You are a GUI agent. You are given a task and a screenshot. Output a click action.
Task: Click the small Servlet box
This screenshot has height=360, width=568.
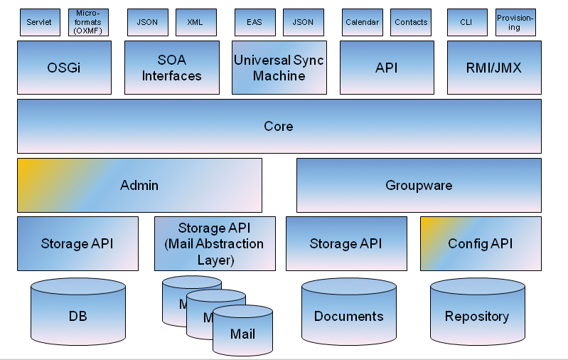click(x=40, y=22)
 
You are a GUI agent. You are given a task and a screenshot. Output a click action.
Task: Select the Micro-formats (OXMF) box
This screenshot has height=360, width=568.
click(x=89, y=22)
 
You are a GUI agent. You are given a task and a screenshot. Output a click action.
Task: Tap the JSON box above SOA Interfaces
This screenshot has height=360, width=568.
click(x=147, y=22)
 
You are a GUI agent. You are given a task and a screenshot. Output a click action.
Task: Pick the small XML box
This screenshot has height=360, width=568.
click(x=195, y=22)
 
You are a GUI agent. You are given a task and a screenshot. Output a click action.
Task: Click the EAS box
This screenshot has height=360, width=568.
click(x=254, y=22)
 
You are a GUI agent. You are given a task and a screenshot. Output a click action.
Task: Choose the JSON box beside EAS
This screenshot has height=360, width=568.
click(x=303, y=22)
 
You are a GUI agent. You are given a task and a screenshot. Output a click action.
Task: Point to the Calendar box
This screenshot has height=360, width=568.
click(x=362, y=22)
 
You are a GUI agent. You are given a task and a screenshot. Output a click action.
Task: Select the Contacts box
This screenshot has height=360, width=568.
click(x=411, y=22)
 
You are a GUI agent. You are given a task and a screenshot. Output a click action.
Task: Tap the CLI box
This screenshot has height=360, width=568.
click(x=466, y=22)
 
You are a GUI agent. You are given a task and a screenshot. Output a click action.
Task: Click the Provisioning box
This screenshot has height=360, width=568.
click(x=515, y=22)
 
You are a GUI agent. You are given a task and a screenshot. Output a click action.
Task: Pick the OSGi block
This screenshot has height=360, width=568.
click(x=64, y=68)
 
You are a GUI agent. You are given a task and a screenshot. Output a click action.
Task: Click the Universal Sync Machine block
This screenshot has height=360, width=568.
click(x=279, y=68)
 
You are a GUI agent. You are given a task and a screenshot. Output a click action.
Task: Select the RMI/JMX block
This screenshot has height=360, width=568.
click(x=494, y=68)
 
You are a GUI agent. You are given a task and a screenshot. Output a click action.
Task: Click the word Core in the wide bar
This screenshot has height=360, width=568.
click(x=279, y=127)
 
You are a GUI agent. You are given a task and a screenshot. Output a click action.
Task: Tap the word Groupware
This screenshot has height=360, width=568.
click(x=419, y=186)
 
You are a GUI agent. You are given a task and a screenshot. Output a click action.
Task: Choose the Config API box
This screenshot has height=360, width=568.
click(x=481, y=244)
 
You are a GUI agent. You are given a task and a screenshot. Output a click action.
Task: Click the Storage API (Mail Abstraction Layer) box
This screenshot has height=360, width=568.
click(x=215, y=244)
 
